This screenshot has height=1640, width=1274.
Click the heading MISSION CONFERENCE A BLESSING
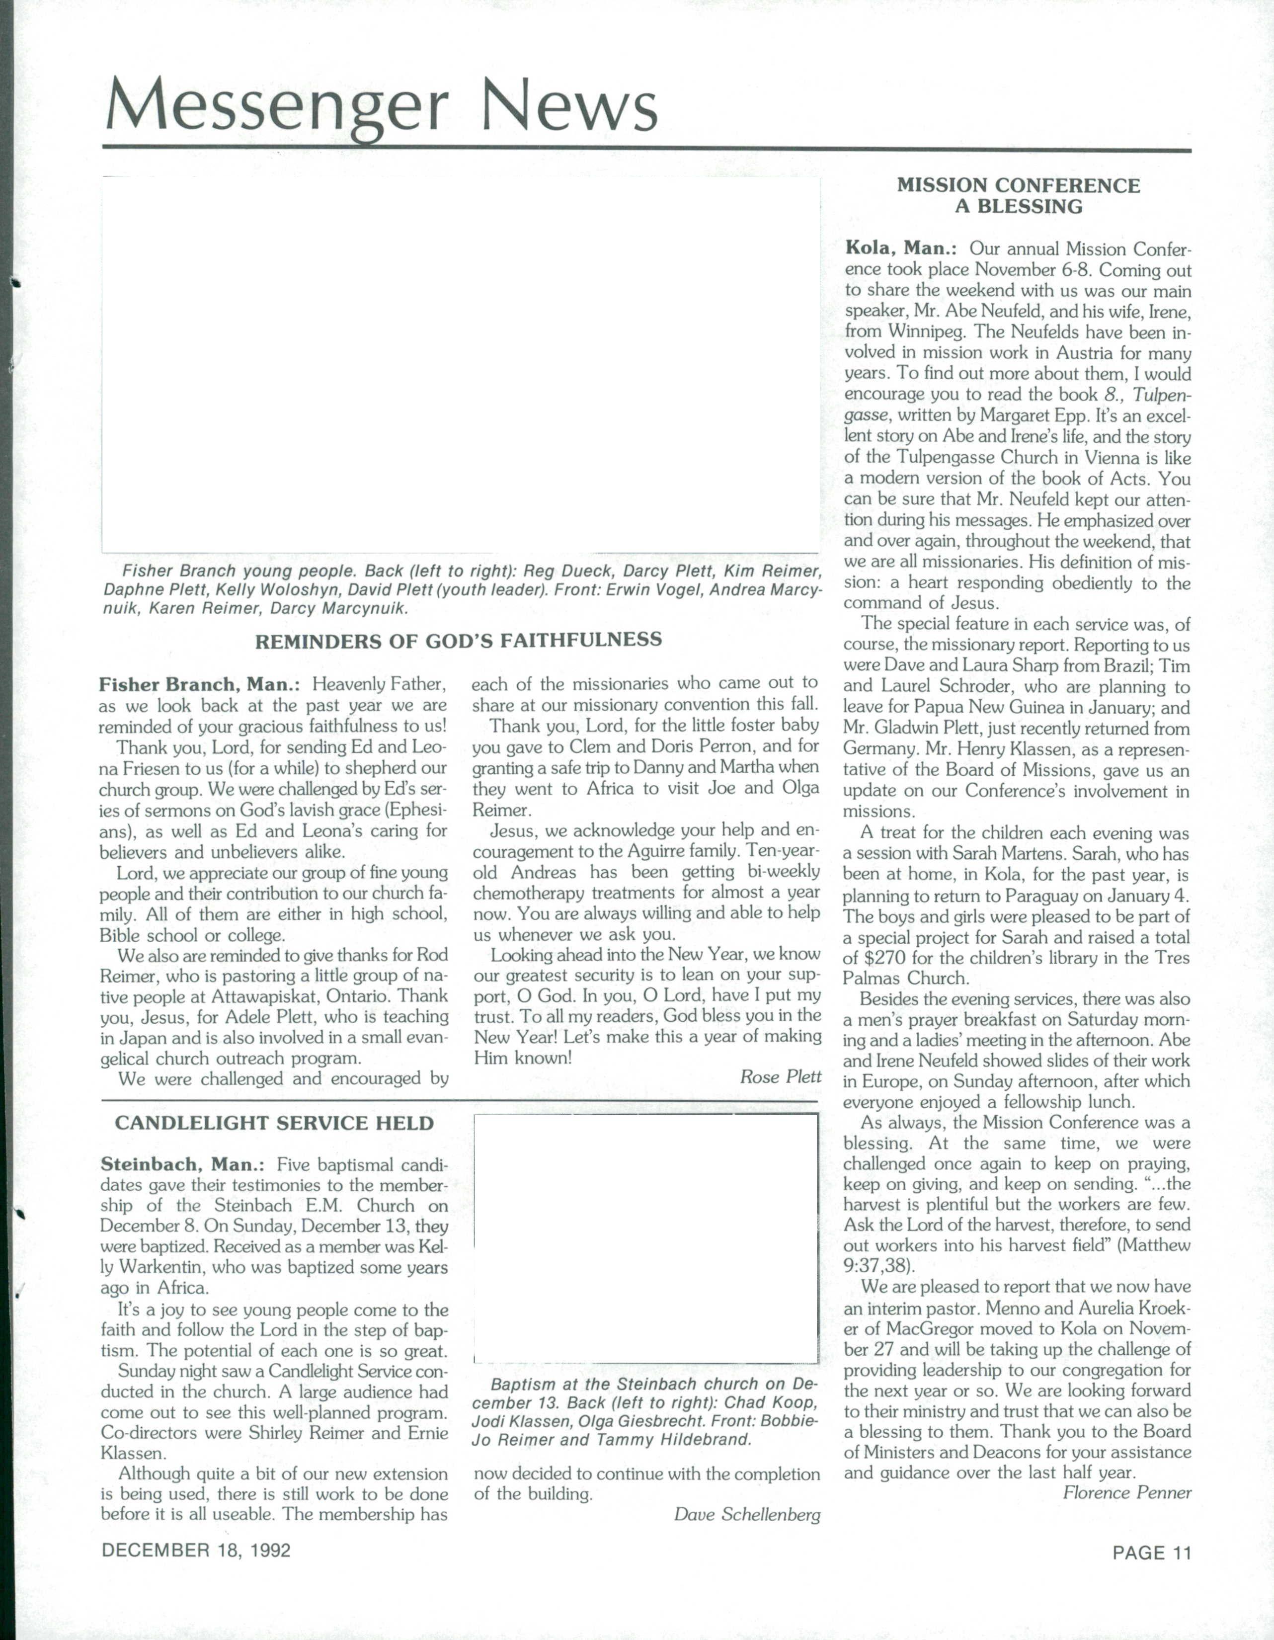(1018, 196)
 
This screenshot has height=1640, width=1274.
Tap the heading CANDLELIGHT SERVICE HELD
(274, 1123)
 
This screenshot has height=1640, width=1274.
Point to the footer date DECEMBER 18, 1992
(197, 1551)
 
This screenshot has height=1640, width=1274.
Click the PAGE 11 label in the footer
(1152, 1552)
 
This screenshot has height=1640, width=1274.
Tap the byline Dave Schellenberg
(747, 1515)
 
